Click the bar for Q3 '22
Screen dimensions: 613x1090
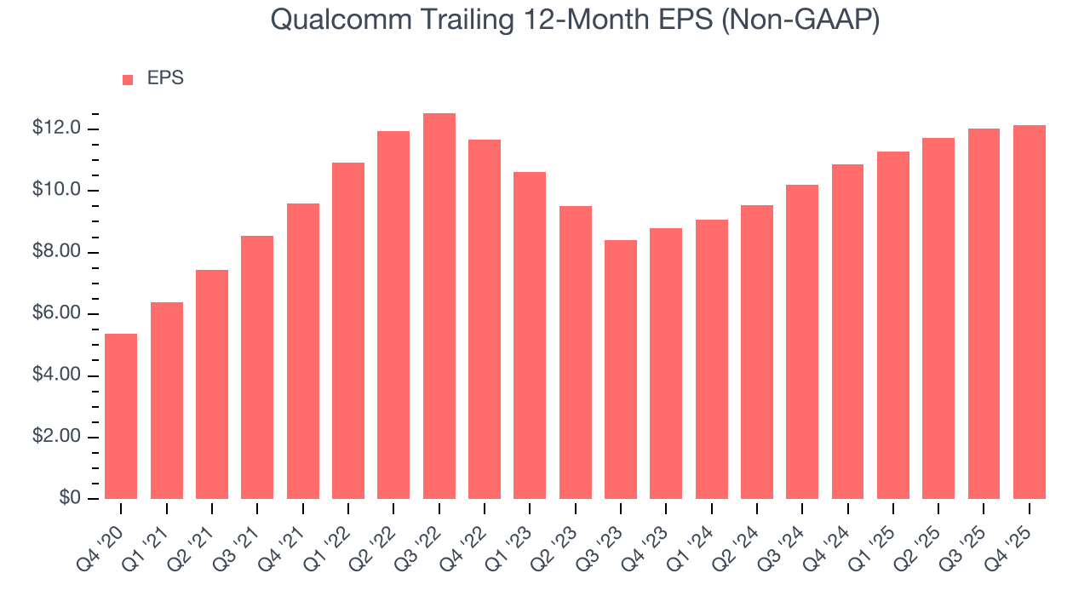(439, 306)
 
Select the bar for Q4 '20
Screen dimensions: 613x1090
(121, 416)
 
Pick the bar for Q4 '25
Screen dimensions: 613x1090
(1030, 312)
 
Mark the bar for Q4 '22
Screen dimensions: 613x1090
(485, 319)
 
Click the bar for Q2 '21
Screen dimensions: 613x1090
(212, 384)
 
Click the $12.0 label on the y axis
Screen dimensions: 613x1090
(57, 129)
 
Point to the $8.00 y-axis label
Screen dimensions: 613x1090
(57, 252)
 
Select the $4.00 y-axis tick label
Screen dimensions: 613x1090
(57, 375)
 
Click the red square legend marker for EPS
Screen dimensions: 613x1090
(128, 79)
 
